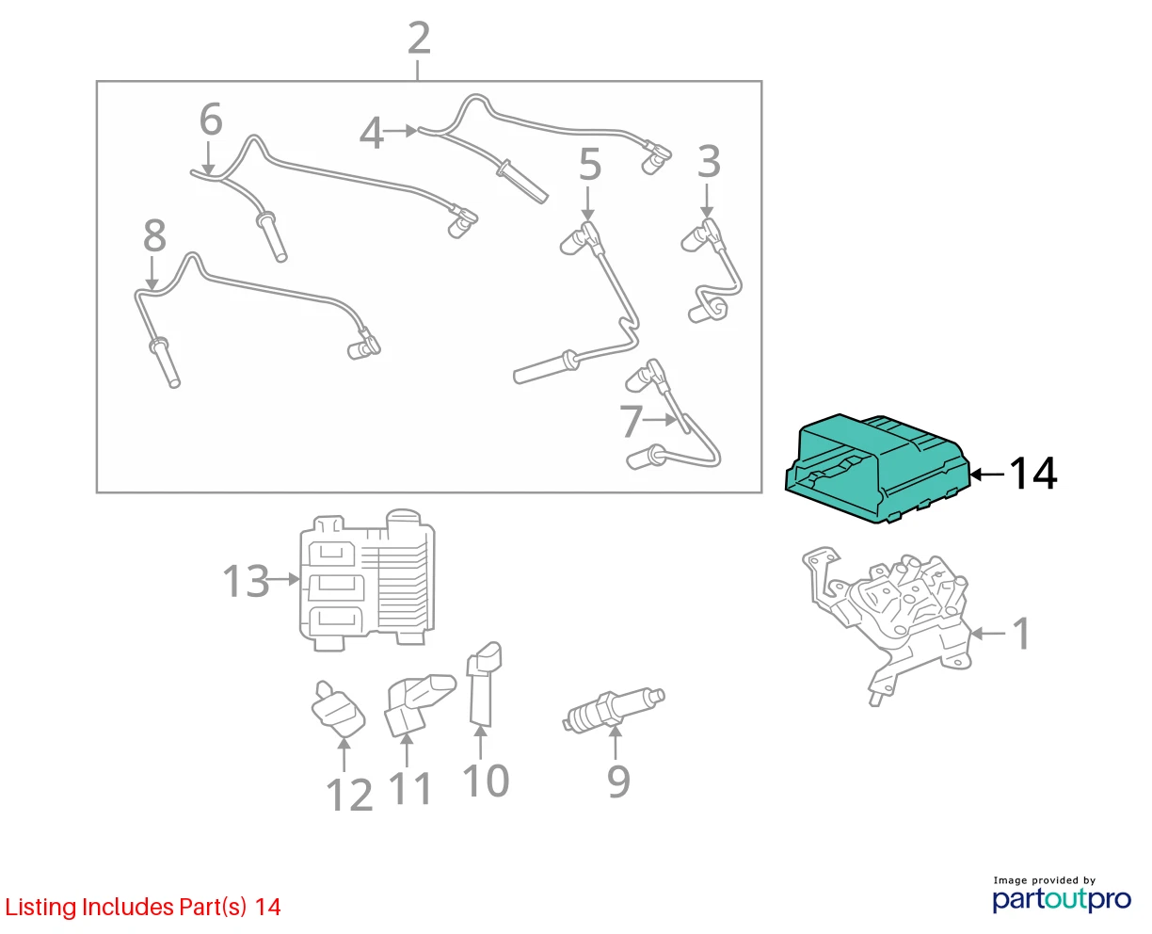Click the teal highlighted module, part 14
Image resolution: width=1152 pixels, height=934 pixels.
[876, 469]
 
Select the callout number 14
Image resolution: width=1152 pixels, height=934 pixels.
[1032, 474]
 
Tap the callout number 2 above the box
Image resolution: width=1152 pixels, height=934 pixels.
[419, 38]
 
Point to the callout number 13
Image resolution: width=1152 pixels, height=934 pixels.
[246, 581]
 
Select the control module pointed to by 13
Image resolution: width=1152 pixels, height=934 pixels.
[368, 580]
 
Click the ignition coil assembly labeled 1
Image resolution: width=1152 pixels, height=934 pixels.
[887, 625]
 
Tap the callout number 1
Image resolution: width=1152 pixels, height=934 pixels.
[1021, 633]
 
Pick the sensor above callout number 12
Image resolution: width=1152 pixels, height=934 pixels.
[338, 710]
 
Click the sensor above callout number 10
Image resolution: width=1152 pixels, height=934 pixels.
[485, 684]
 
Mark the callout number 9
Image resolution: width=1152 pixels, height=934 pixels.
[618, 781]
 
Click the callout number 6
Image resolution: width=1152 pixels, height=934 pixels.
[211, 119]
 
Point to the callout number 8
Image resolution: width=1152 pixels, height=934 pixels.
[154, 235]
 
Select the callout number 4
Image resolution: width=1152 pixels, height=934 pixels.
[372, 133]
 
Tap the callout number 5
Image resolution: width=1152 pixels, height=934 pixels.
[589, 165]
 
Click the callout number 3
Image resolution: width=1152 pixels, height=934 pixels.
[709, 161]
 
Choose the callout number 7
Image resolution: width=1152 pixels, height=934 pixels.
[631, 421]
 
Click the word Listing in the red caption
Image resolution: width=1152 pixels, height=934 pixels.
[40, 908]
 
